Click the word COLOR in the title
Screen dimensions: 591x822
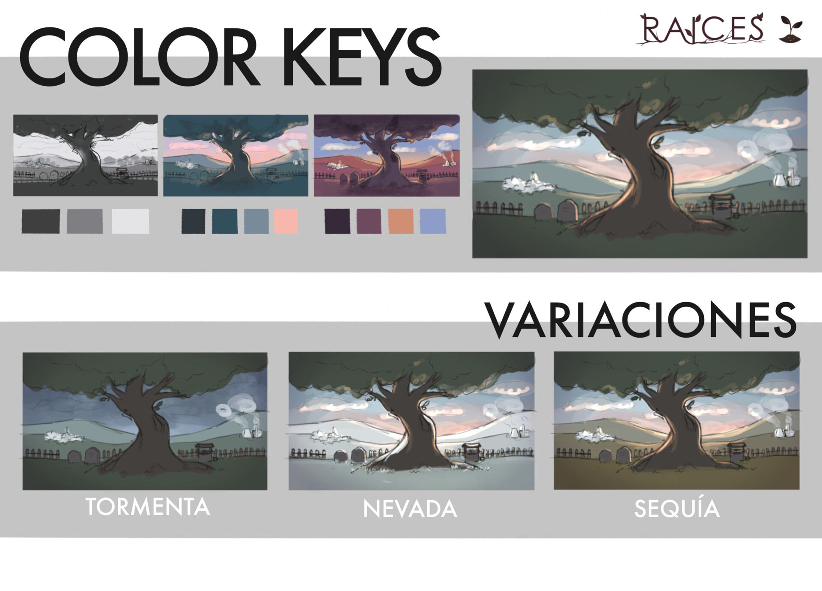coord(139,58)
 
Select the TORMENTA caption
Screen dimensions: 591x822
coord(148,507)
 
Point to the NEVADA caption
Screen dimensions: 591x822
coord(410,509)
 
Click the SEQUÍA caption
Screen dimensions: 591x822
coord(677,509)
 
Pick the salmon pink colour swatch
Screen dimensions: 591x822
coord(286,221)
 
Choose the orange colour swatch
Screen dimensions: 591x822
coord(401,221)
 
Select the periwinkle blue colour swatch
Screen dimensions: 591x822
coord(433,221)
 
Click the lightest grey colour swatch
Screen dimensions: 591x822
coord(131,221)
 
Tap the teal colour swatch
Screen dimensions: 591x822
coord(225,221)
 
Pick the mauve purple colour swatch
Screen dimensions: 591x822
coord(369,221)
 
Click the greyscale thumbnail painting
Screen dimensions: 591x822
coord(86,155)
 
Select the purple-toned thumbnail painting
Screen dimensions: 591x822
coord(387,155)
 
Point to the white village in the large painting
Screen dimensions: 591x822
coord(529,183)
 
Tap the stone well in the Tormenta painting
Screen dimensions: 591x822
coord(204,453)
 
